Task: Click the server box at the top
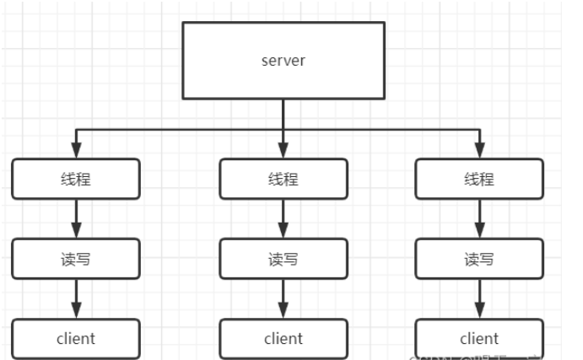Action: click(x=283, y=60)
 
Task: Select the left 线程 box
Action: click(x=76, y=179)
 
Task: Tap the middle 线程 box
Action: click(x=283, y=179)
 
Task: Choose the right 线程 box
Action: click(x=479, y=179)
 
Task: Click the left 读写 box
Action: click(x=76, y=259)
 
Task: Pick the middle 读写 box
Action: click(x=283, y=259)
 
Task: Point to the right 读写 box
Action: click(x=479, y=259)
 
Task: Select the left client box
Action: click(x=76, y=339)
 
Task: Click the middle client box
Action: click(x=283, y=339)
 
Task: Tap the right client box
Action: click(x=479, y=339)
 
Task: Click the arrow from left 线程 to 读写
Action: click(x=76, y=218)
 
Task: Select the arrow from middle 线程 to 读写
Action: click(x=283, y=218)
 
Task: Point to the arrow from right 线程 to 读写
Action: click(x=479, y=218)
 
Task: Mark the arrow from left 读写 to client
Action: click(x=76, y=298)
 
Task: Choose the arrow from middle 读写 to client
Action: click(x=283, y=298)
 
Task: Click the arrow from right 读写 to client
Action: click(x=479, y=298)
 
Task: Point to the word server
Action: click(x=283, y=60)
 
